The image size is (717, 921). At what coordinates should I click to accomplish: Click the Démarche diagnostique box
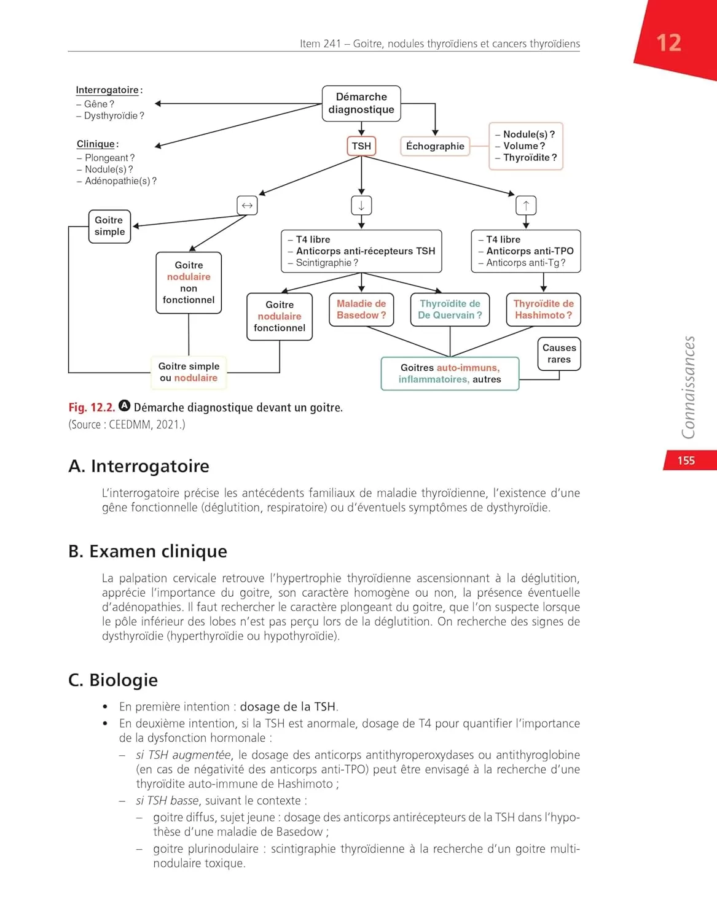click(x=361, y=103)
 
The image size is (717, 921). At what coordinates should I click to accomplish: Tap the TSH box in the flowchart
click(x=361, y=146)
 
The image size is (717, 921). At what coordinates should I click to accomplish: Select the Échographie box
click(x=435, y=146)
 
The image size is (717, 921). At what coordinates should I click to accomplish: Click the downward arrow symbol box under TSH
click(x=361, y=206)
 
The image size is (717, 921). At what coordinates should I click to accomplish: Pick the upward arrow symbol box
click(x=526, y=206)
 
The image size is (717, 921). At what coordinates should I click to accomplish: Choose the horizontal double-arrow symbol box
click(x=247, y=206)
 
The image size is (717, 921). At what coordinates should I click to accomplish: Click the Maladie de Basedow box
click(x=361, y=309)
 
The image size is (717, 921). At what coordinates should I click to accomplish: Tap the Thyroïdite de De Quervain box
click(x=450, y=309)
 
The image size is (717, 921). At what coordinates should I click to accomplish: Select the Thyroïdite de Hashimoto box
click(x=543, y=309)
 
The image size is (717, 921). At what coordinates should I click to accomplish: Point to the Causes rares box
click(x=559, y=354)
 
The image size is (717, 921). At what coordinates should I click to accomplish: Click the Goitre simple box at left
click(x=109, y=226)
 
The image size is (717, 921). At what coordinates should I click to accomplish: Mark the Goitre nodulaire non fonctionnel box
click(x=189, y=282)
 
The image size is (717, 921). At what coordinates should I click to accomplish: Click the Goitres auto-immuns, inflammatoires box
click(x=450, y=373)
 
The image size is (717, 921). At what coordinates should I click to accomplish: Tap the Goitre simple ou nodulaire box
click(x=189, y=372)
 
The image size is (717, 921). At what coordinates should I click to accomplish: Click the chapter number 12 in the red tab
click(x=668, y=43)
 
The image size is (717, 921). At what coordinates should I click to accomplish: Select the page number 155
click(x=686, y=460)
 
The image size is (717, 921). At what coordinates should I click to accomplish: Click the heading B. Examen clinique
click(x=147, y=551)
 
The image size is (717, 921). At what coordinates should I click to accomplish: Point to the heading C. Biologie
click(x=113, y=680)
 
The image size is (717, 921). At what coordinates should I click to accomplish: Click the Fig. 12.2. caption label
click(x=92, y=408)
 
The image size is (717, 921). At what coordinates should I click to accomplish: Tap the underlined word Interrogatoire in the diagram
click(x=107, y=90)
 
